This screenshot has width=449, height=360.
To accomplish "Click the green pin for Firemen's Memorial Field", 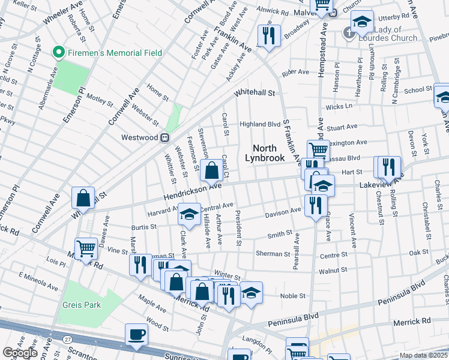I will (58, 53).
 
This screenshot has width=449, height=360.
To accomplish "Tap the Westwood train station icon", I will (164, 137).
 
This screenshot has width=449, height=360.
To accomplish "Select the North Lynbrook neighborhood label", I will (265, 153).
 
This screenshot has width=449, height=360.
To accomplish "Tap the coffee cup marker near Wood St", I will (136, 335).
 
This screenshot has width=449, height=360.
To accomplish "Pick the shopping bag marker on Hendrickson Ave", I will (211, 171).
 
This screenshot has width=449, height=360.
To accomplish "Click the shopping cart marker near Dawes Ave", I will (86, 248).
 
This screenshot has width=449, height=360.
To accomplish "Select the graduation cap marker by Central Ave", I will (189, 214).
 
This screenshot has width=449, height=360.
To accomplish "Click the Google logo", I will (19, 353).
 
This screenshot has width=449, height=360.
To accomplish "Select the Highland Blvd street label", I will (260, 124).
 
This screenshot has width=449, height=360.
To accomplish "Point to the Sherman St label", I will (273, 254).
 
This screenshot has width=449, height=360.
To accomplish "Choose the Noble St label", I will (293, 296).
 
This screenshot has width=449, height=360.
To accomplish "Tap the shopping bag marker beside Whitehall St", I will (83, 198).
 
